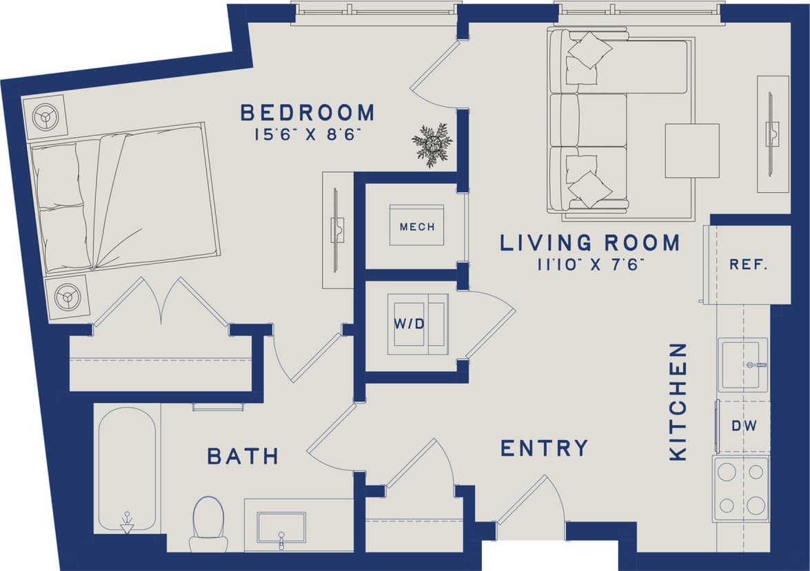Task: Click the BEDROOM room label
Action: [x=307, y=112]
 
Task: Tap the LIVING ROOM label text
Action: [x=589, y=243]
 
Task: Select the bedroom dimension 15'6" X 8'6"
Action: [x=307, y=134]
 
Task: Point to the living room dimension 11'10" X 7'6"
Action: [x=589, y=265]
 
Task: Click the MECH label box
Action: [x=417, y=226]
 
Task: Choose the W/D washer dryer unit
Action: [x=417, y=324]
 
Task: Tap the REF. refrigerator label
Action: [x=749, y=264]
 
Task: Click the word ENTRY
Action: [x=544, y=448]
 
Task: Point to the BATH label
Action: [x=243, y=456]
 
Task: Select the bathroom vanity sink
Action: [x=281, y=527]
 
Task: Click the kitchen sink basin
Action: [x=742, y=364]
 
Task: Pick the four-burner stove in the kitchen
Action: [x=741, y=488]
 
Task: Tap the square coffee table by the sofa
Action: [x=691, y=150]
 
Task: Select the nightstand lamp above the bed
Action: [x=45, y=117]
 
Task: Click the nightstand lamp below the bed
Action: [x=67, y=298]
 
